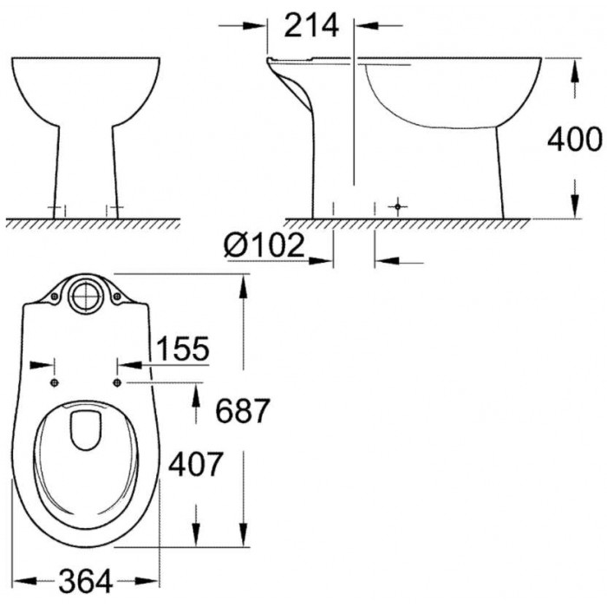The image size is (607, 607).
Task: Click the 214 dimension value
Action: (311, 25)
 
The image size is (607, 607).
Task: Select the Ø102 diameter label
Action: (264, 245)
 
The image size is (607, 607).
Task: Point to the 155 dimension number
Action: (184, 349)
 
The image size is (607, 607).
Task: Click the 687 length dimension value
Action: (242, 411)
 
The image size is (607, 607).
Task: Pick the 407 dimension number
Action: (195, 464)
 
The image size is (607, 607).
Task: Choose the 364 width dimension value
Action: (86, 581)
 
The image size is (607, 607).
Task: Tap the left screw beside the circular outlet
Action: (55, 297)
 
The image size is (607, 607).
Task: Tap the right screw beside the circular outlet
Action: (117, 297)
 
